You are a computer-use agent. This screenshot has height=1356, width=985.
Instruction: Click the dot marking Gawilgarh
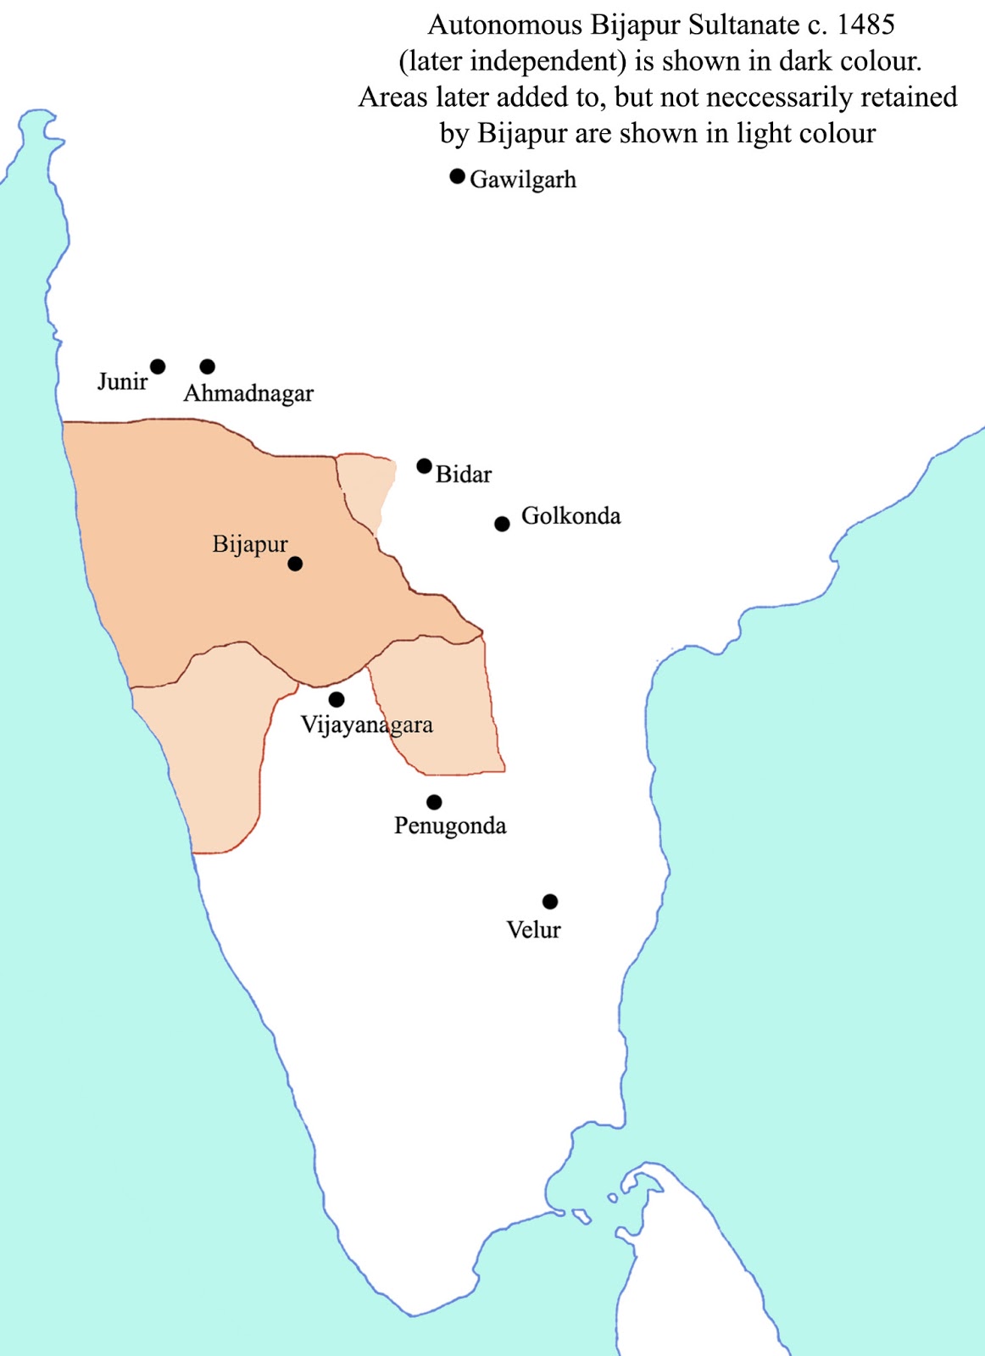point(457,176)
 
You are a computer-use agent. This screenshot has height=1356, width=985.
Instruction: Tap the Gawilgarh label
point(523,180)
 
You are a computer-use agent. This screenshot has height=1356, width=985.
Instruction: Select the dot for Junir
point(158,366)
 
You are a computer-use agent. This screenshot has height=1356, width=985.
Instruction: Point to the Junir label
point(122,381)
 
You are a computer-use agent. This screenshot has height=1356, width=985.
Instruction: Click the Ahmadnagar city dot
point(207,366)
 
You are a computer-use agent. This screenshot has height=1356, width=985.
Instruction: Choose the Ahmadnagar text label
point(248,393)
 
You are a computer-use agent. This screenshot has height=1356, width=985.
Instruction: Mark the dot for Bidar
point(424,465)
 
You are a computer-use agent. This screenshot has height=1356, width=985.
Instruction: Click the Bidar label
point(464,474)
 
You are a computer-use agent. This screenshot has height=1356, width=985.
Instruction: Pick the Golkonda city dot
point(502,524)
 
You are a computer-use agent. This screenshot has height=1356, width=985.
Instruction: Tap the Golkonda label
point(570,515)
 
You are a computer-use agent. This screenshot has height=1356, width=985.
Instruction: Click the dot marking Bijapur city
point(295,564)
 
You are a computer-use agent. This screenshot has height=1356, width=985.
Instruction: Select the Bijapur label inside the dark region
point(250,544)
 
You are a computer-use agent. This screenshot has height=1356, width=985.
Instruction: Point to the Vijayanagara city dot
point(337,699)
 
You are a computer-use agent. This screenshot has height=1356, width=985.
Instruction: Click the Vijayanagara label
point(367,725)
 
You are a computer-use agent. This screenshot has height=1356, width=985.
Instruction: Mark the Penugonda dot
point(434,802)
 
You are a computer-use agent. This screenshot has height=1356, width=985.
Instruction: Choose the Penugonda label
point(450,825)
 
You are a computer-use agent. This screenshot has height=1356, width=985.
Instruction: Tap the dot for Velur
point(550,901)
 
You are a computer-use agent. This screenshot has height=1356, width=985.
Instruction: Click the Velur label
point(533,930)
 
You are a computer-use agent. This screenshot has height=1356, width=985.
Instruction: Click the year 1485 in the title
point(865,25)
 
